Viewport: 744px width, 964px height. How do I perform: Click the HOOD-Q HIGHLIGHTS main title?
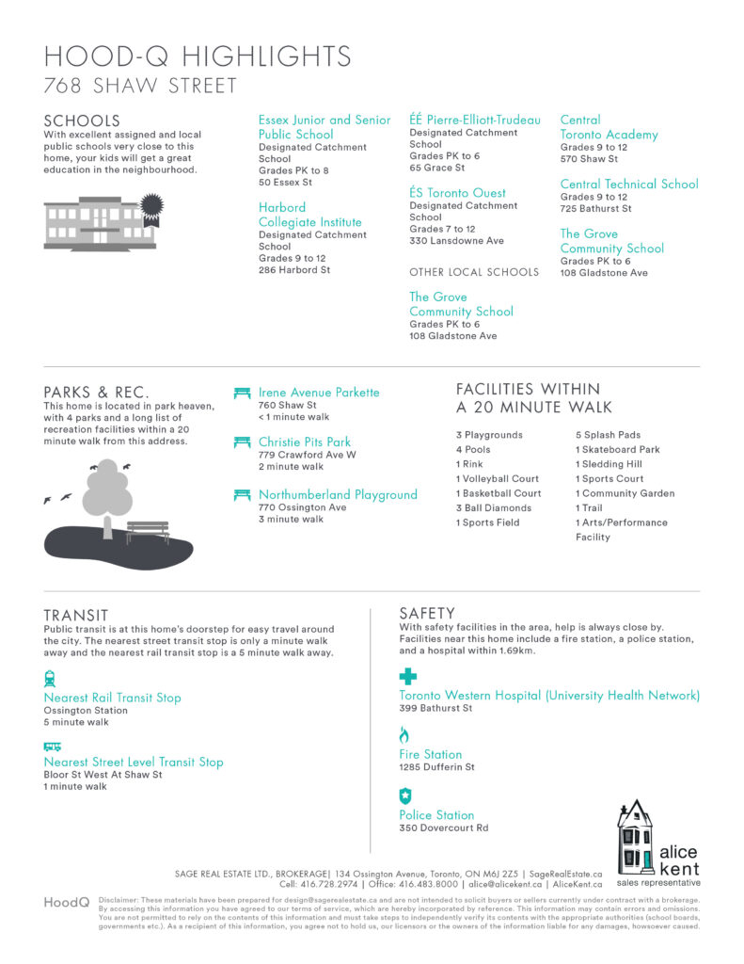[x=198, y=56]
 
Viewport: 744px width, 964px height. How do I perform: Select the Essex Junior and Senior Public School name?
[x=324, y=127]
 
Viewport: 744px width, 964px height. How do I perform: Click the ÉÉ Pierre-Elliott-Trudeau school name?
[x=475, y=120]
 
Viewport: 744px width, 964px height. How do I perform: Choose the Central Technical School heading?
[x=629, y=185]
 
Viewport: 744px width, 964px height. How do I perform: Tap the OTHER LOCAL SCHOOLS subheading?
[x=474, y=272]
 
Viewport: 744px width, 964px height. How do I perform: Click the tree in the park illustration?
[x=106, y=491]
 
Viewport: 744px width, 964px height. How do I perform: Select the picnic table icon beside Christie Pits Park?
[x=242, y=442]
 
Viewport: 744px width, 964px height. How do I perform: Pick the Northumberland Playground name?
[x=338, y=494]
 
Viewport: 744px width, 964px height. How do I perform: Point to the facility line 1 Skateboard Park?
[x=618, y=450]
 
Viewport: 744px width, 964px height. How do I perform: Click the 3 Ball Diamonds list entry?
[x=494, y=508]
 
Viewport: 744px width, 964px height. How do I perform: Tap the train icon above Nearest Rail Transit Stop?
[x=50, y=678]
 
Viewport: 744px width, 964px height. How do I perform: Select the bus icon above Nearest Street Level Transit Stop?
[x=52, y=746]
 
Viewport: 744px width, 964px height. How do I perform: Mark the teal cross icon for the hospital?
[x=407, y=676]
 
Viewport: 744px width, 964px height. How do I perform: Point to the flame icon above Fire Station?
[x=404, y=735]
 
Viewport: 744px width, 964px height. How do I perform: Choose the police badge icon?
[x=405, y=795]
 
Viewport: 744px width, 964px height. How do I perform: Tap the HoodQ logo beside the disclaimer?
[x=67, y=903]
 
